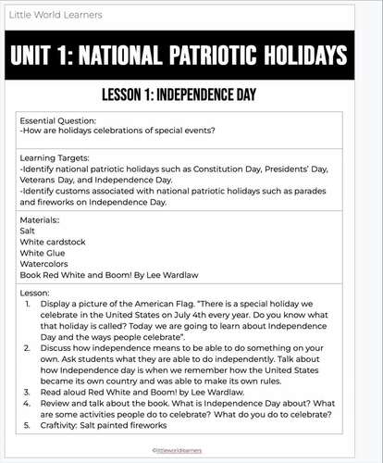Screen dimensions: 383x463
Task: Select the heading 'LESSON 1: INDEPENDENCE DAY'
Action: pos(180,95)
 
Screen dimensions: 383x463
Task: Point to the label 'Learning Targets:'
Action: pos(56,159)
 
